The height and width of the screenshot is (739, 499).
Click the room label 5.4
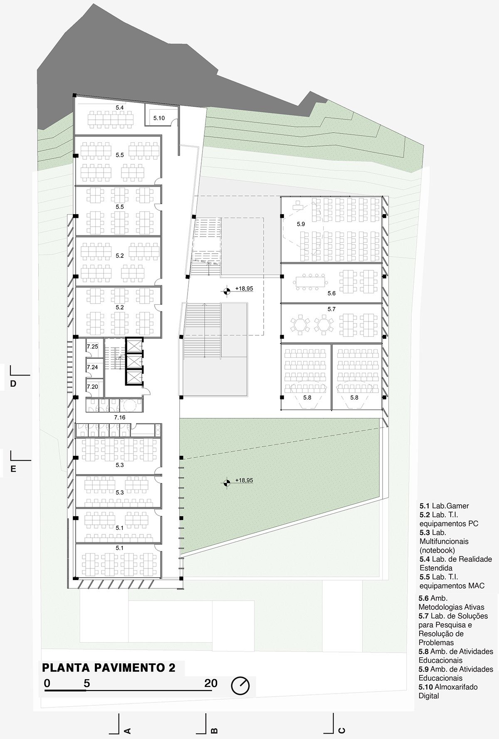tap(120, 108)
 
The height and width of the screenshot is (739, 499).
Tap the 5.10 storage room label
tap(159, 118)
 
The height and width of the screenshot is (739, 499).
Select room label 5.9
tap(301, 224)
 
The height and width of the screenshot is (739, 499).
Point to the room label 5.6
tap(331, 293)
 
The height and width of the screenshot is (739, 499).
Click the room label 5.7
tap(331, 309)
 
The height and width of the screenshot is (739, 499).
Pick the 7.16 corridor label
tap(119, 417)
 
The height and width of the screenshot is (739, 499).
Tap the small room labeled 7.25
tap(92, 346)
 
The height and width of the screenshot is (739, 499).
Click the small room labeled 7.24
tap(92, 367)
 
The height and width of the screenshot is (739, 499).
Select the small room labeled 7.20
tap(92, 387)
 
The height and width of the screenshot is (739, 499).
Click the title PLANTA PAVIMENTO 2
tap(109, 667)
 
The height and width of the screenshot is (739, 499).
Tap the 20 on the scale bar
tap(211, 683)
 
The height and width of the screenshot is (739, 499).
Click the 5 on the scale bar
tap(86, 683)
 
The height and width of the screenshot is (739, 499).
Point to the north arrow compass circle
tap(241, 685)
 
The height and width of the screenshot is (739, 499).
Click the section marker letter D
tap(13, 384)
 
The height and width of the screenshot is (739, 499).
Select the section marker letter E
tap(13, 469)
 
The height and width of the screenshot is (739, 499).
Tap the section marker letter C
tap(342, 730)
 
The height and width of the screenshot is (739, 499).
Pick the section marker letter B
tap(214, 730)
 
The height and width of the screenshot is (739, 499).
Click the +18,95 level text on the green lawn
tap(244, 480)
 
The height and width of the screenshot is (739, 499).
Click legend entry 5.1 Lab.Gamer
tap(444, 506)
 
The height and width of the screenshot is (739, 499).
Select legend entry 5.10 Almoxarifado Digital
tap(448, 691)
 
